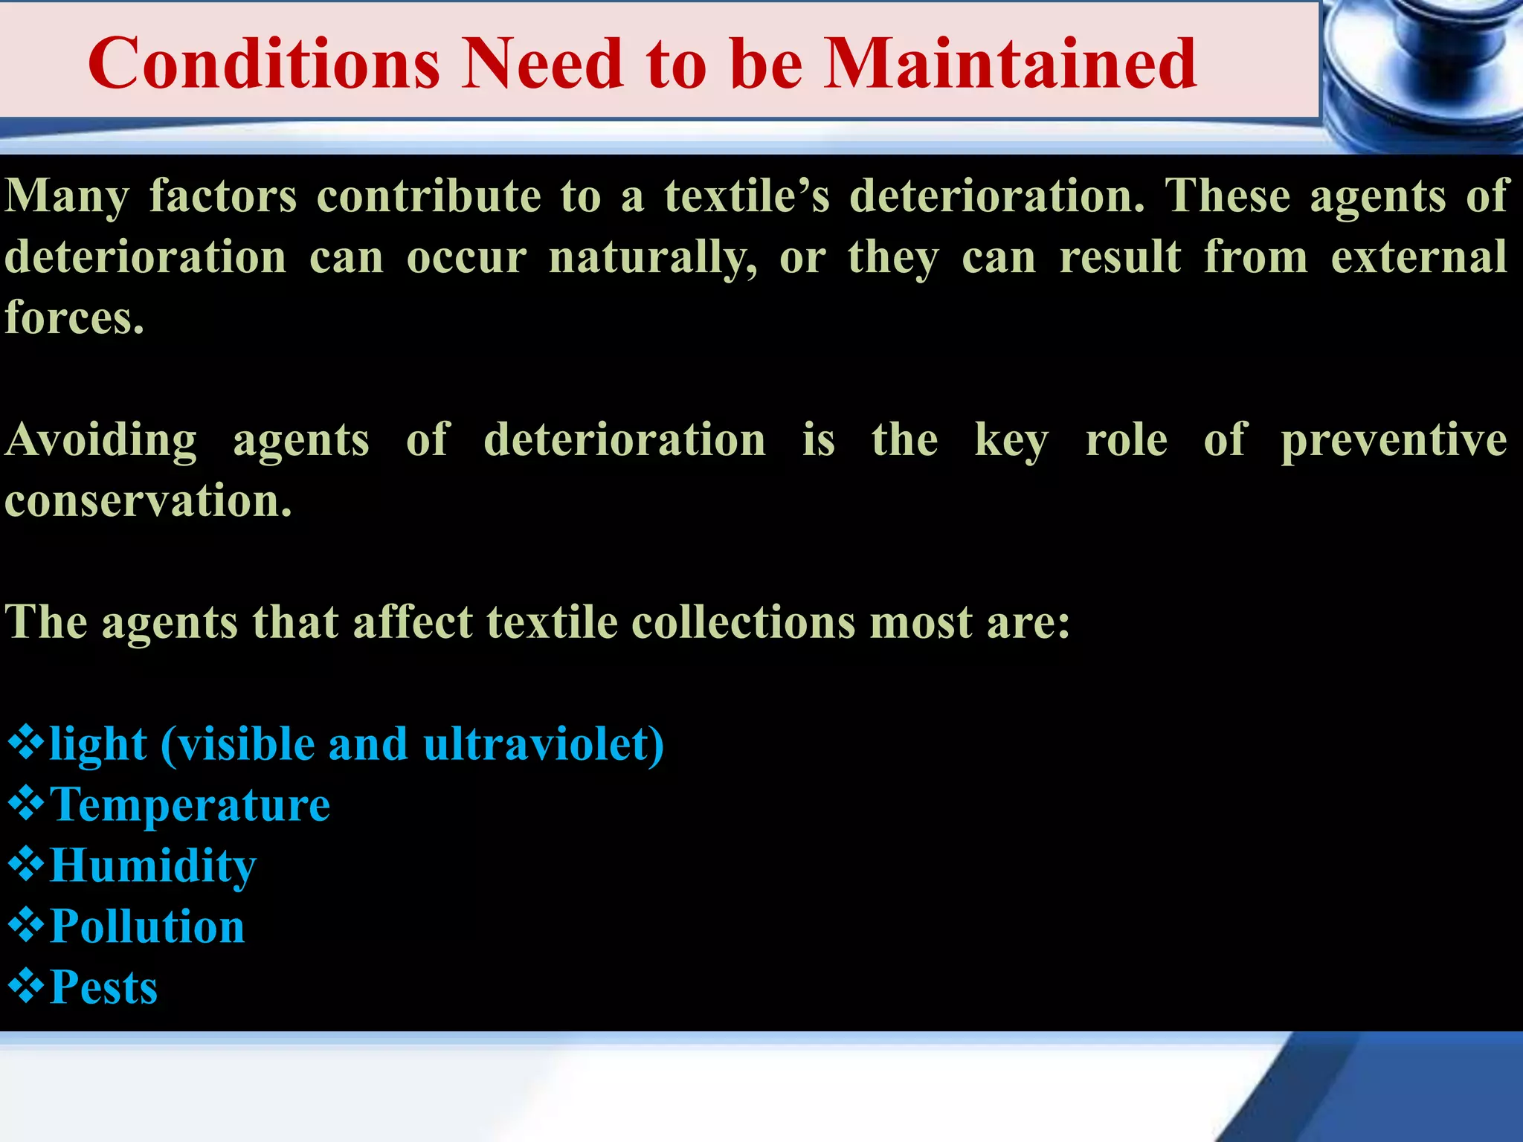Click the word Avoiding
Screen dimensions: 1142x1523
point(101,439)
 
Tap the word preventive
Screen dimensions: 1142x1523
point(1394,439)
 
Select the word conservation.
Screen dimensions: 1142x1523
point(148,500)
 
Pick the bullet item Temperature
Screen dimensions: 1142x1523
point(190,804)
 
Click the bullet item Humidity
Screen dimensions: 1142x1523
point(153,866)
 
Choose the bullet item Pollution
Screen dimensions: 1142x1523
point(147,926)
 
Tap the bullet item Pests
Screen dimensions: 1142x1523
point(103,987)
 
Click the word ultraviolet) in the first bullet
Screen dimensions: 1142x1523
point(543,744)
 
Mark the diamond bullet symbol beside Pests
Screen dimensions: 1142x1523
point(26,986)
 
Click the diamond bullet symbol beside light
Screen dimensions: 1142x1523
point(26,743)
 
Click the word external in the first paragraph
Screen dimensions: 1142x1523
point(1418,257)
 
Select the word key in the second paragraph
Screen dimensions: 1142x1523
point(1011,441)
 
